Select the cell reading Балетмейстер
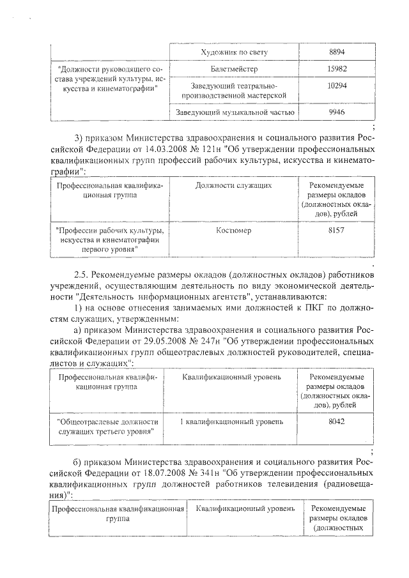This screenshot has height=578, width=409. pos(234,68)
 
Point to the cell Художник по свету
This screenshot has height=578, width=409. pos(234,51)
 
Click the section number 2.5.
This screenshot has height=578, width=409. pos(80,275)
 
